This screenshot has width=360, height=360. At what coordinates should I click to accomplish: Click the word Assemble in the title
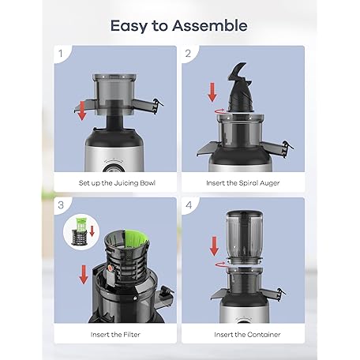pyautogui.click(x=210, y=26)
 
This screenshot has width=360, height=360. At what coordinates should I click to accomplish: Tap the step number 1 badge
pyautogui.click(x=61, y=54)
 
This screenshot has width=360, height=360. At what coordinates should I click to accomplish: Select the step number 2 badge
pyautogui.click(x=189, y=54)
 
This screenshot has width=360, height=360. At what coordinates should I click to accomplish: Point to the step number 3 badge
pyautogui.click(x=61, y=205)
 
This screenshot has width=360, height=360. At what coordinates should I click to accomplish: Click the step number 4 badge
pyautogui.click(x=189, y=205)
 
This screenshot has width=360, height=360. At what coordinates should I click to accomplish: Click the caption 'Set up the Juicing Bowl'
pyautogui.click(x=117, y=183)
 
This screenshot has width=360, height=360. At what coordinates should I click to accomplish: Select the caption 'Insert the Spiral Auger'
pyautogui.click(x=243, y=183)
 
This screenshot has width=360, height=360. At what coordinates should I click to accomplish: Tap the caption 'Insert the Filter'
pyautogui.click(x=115, y=335)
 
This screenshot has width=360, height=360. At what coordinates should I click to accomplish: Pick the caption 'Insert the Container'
pyautogui.click(x=247, y=335)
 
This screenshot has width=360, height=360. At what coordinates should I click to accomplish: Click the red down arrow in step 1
pyautogui.click(x=82, y=111)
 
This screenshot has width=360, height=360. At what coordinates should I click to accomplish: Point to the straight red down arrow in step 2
pyautogui.click(x=212, y=92)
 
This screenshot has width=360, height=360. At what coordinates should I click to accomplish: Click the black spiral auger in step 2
pyautogui.click(x=240, y=88)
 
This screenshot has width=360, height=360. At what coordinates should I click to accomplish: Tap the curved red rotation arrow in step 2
pyautogui.click(x=219, y=112)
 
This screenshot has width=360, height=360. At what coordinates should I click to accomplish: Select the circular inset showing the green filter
pyautogui.click(x=81, y=232)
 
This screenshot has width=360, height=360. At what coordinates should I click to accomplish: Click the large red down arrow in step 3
pyautogui.click(x=84, y=275)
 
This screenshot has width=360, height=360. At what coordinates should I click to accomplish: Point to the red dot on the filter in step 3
pyautogui.click(x=111, y=268)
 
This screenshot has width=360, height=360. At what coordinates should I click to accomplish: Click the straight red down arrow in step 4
pyautogui.click(x=214, y=246)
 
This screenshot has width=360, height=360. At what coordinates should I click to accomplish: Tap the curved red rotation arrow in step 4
pyautogui.click(x=220, y=264)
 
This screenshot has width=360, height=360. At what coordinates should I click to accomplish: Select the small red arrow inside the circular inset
pyautogui.click(x=92, y=231)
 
